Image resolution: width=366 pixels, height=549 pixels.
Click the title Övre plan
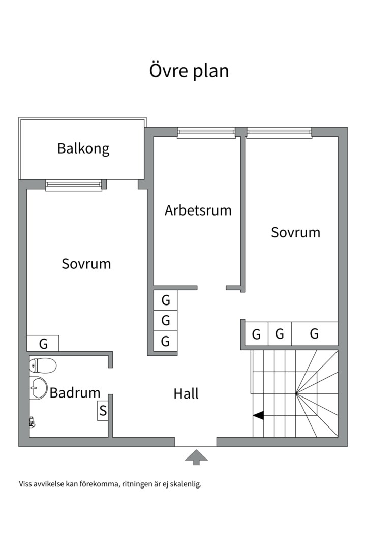tap(189, 71)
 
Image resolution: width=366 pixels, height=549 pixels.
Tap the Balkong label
tap(83, 148)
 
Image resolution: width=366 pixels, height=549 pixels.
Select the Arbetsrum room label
tap(198, 210)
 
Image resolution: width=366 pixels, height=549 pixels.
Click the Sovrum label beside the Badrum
tap(86, 264)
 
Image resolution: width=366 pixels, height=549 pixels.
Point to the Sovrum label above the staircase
tap(295, 232)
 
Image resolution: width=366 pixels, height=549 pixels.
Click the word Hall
tap(186, 393)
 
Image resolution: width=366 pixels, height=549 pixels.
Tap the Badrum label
tap(75, 393)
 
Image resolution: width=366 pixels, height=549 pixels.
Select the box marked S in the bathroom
tap(103, 411)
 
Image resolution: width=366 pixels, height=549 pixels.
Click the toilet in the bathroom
tap(43, 364)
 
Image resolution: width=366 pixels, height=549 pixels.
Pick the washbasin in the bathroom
tap(38, 389)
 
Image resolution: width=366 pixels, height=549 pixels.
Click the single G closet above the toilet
tap(43, 344)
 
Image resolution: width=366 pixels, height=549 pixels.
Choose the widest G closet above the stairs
tap(315, 334)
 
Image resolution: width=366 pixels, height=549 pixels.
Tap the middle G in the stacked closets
tap(166, 321)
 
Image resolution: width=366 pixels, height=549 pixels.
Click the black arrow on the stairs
tap(258, 415)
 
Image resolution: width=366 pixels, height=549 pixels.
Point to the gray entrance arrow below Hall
tap(196, 457)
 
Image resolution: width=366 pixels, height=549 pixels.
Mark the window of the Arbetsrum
tap(206, 133)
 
